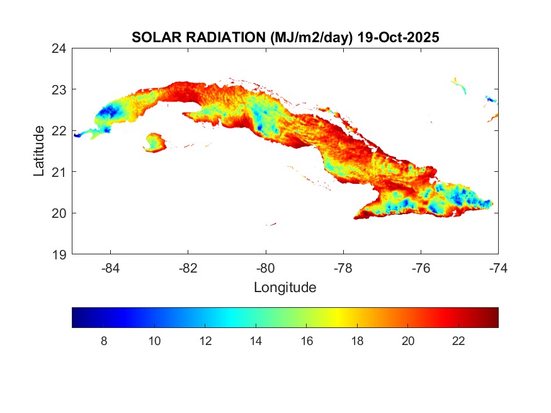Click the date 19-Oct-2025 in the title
click(x=397, y=37)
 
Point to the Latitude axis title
click(x=39, y=150)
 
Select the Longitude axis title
click(x=285, y=288)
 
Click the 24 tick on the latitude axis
click(x=60, y=48)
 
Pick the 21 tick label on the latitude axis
click(x=60, y=171)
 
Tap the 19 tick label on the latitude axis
click(x=60, y=254)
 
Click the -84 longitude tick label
click(x=111, y=268)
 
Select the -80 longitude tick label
click(x=266, y=268)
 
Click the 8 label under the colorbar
click(x=104, y=341)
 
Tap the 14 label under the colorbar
click(x=256, y=341)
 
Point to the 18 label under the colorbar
click(x=357, y=341)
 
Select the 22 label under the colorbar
click(x=458, y=341)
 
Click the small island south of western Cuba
click(x=154, y=142)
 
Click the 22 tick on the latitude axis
click(x=60, y=130)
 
